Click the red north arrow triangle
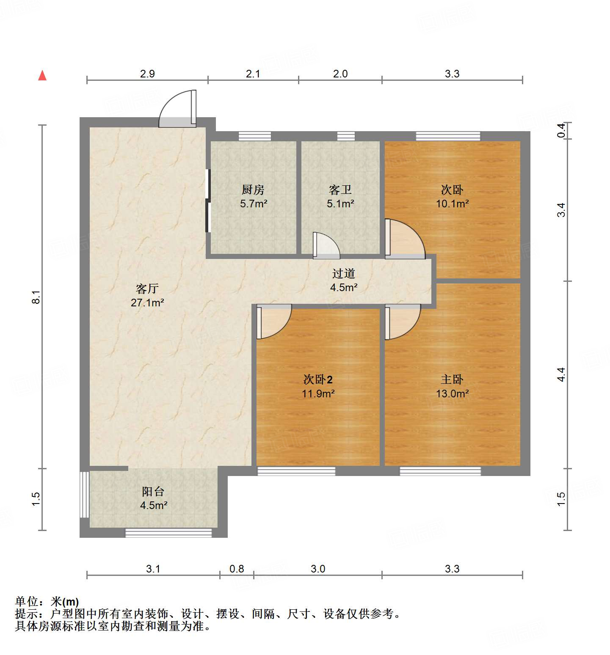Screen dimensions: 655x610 42,76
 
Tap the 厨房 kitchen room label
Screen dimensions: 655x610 253,190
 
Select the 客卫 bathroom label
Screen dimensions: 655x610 340,190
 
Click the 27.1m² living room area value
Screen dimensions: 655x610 147,303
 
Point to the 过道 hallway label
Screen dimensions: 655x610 343,274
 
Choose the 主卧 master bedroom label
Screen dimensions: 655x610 452,380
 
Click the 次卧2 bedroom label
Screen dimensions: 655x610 318,380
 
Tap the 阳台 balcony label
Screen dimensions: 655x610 153,491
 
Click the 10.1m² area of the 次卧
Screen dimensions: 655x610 452,204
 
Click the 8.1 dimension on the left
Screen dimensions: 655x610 36,297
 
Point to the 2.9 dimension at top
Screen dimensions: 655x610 147,74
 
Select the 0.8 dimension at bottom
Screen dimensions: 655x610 237,569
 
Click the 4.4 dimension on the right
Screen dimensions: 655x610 561,374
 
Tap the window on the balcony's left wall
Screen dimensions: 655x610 85,494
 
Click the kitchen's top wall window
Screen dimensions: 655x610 255,136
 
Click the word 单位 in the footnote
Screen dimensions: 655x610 27,601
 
